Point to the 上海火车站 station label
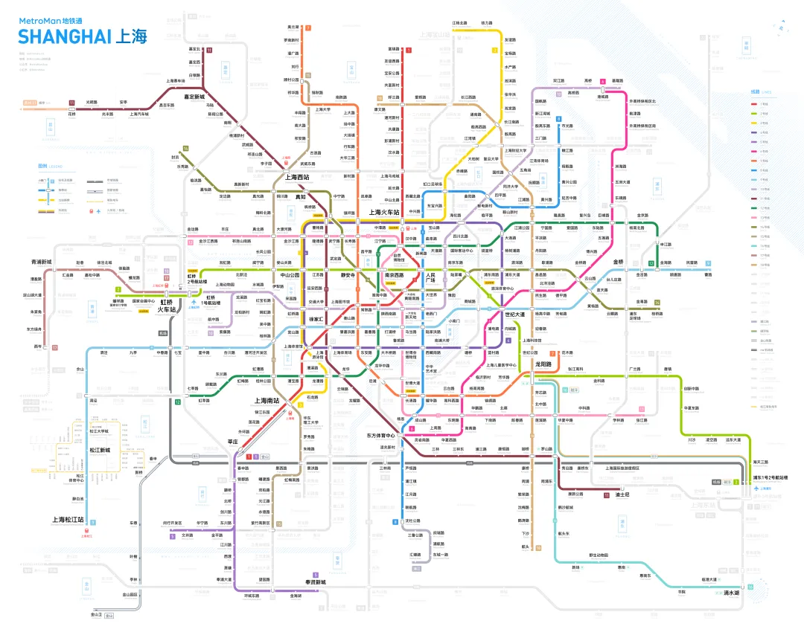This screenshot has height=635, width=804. tap(386, 213)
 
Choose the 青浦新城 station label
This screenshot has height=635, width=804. tap(42, 262)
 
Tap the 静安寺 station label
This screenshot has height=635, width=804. tap(348, 275)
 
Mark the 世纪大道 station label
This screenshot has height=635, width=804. tap(514, 315)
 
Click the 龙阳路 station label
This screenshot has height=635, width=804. tap(543, 364)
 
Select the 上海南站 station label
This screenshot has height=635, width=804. tap(267, 401)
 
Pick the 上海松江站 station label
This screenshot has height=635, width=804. tap(68, 520)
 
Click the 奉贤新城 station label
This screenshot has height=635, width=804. tap(316, 581)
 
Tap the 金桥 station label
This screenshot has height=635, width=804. tap(618, 262)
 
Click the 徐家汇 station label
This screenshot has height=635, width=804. tap(319, 319)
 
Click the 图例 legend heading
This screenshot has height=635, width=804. tap(42, 167)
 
